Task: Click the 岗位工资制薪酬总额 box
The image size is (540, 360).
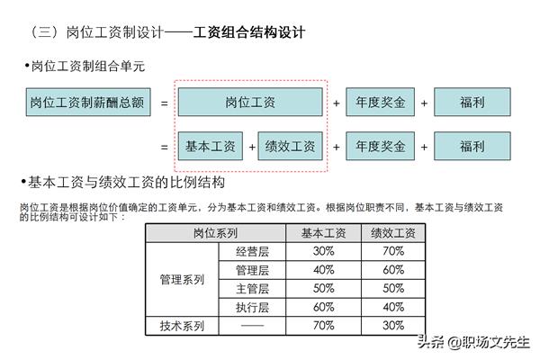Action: pyautogui.click(x=88, y=102)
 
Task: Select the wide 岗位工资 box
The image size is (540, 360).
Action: pyautogui.click(x=250, y=102)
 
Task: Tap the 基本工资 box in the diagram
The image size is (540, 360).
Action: pyautogui.click(x=211, y=146)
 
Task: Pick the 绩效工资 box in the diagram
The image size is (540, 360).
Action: pyautogui.click(x=291, y=146)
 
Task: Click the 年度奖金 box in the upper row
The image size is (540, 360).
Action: pyautogui.click(x=380, y=102)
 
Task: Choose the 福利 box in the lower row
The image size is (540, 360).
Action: pyautogui.click(x=472, y=146)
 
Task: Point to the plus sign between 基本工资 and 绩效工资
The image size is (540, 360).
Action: pyautogui.click(x=252, y=147)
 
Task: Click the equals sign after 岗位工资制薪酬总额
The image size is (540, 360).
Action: pyautogui.click(x=165, y=103)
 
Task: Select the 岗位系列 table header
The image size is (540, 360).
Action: pyautogui.click(x=216, y=233)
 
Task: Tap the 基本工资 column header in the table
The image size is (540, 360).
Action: pyautogui.click(x=324, y=233)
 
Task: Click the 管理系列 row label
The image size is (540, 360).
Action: pyautogui.click(x=182, y=279)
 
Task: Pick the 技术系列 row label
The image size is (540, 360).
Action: pyautogui.click(x=182, y=326)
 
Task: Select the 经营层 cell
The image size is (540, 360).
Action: pyautogui.click(x=252, y=251)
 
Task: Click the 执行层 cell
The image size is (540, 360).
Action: pyautogui.click(x=252, y=307)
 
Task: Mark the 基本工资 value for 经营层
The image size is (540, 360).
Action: pyautogui.click(x=324, y=251)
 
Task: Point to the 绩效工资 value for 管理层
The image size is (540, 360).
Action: pyautogui.click(x=393, y=270)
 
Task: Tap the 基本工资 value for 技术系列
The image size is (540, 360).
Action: pyautogui.click(x=324, y=325)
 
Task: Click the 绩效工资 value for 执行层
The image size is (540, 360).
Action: pyautogui.click(x=393, y=307)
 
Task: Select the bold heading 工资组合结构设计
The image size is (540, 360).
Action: pyautogui.click(x=249, y=32)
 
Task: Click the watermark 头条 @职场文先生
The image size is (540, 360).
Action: pyautogui.click(x=473, y=342)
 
